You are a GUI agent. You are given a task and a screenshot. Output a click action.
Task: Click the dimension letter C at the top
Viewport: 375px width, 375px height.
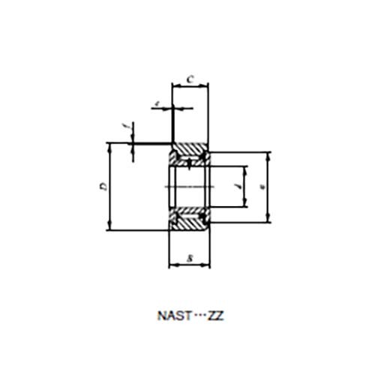190,78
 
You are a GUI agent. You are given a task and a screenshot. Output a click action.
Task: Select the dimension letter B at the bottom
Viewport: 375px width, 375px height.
190,259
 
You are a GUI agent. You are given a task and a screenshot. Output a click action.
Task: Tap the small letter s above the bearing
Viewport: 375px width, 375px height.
156,102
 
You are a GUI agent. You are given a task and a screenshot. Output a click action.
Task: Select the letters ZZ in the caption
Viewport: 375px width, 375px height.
214,316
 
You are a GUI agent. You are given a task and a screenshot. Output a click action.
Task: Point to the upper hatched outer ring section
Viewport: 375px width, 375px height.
190,149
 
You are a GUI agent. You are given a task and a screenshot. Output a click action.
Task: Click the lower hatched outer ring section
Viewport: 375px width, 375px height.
190,223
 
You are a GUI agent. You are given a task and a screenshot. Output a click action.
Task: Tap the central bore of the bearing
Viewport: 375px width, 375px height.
189,186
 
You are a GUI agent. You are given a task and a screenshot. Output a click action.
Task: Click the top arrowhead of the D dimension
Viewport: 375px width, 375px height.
111,147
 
